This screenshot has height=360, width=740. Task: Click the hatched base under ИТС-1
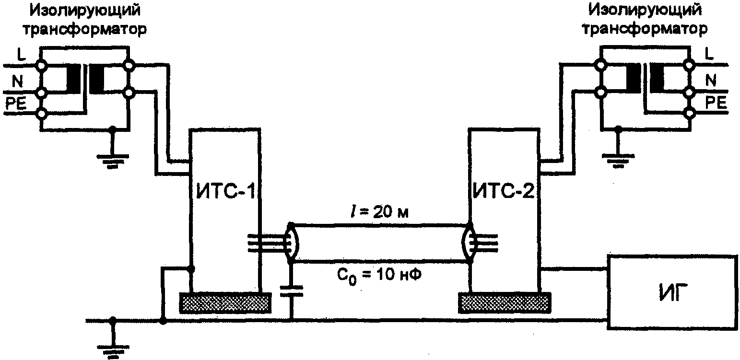(x=225, y=303)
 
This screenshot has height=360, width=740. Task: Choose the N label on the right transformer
(x=711, y=80)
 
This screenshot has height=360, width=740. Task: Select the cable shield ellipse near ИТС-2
(x=469, y=243)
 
